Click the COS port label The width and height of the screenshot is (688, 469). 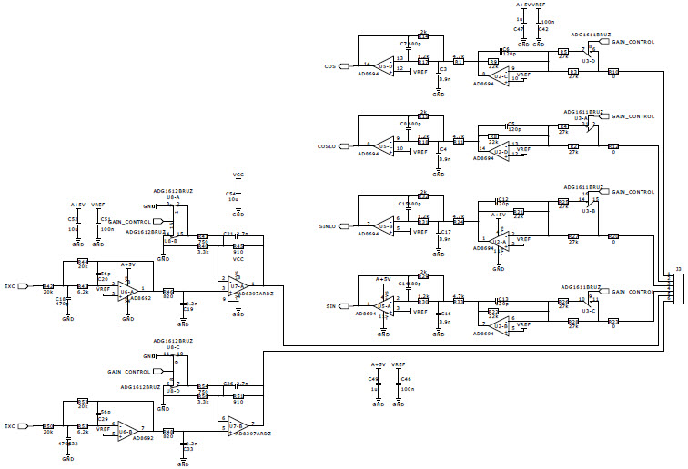coord(330,66)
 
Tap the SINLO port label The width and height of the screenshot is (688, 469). coord(328,226)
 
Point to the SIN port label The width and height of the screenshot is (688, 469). coord(331,306)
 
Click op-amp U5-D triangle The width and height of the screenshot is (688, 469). coord(386,65)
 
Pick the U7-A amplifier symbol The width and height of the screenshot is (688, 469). coord(238,289)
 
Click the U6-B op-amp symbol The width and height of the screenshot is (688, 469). coord(125,430)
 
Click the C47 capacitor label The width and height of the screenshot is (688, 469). coord(520,29)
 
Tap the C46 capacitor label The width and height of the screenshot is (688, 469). coord(406,377)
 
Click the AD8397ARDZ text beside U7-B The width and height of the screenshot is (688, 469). coord(252,434)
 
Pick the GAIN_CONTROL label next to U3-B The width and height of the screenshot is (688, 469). coord(633,193)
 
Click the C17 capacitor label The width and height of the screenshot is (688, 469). coord(445,232)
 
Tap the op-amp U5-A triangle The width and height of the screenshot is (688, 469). coord(386,306)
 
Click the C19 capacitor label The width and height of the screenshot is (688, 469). coord(187,310)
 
